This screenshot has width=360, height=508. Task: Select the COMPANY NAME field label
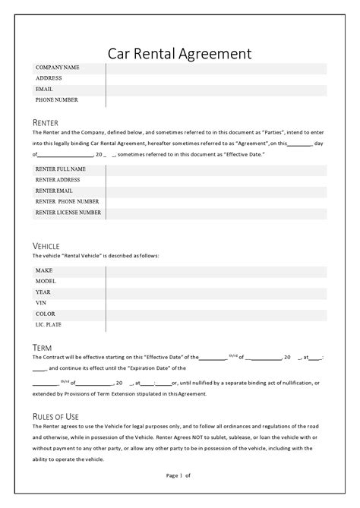click(57, 68)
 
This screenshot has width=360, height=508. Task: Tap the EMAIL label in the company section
click(44, 89)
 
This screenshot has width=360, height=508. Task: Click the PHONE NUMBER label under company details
click(57, 99)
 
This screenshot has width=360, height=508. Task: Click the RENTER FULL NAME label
click(61, 169)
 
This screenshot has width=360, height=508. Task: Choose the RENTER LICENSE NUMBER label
click(68, 213)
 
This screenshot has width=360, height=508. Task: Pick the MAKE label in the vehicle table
click(43, 270)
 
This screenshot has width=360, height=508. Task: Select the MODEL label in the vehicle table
click(45, 280)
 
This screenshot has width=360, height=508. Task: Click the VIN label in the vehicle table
click(41, 302)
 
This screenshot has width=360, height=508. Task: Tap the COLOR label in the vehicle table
click(45, 313)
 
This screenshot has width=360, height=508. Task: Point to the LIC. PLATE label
click(48, 324)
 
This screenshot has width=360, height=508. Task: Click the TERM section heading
click(43, 347)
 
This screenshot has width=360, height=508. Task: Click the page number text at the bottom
click(179, 475)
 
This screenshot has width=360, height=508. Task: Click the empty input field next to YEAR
click(216, 292)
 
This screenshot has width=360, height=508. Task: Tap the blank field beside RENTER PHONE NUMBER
click(216, 202)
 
